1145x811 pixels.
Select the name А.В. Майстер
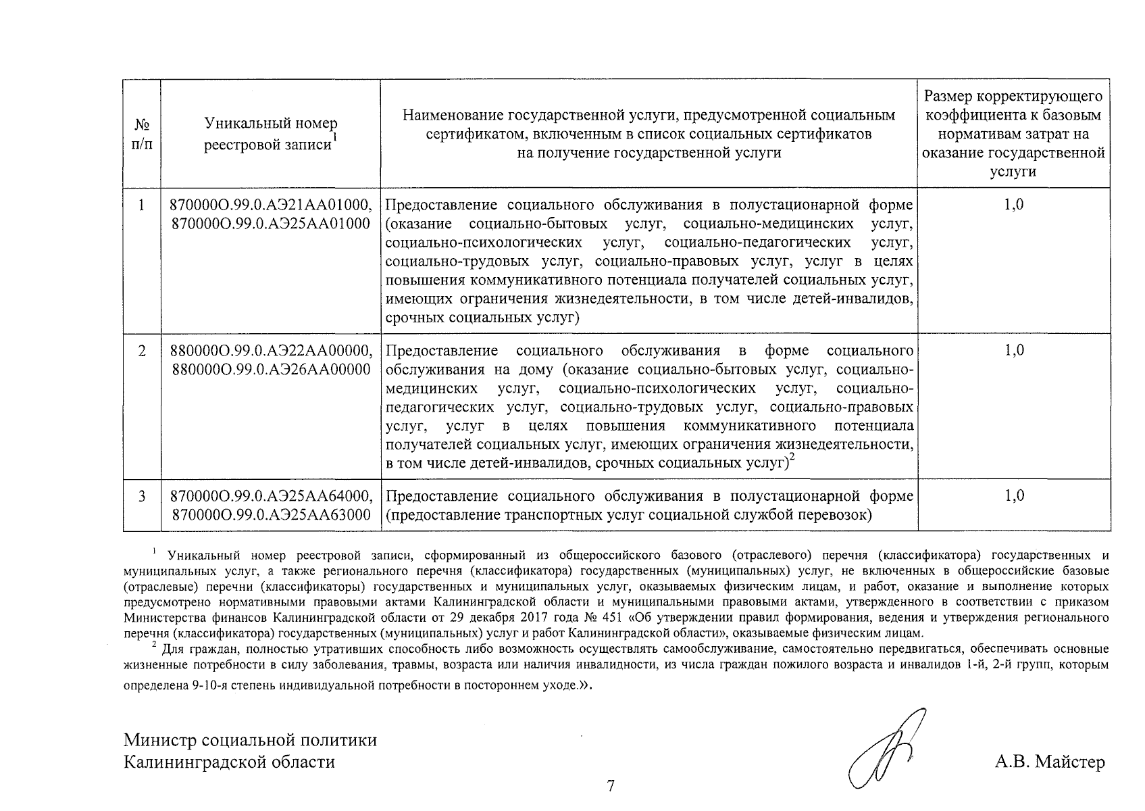(x=1050, y=763)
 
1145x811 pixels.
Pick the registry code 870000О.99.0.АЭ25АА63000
(x=270, y=516)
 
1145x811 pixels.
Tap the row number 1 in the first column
(x=141, y=205)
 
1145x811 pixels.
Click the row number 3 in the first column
(x=141, y=496)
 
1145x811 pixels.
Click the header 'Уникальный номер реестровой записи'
(x=270, y=134)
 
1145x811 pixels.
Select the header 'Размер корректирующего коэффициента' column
(x=1013, y=134)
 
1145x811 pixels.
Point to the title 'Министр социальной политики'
(x=250, y=739)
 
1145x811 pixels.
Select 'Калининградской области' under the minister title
(x=229, y=762)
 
